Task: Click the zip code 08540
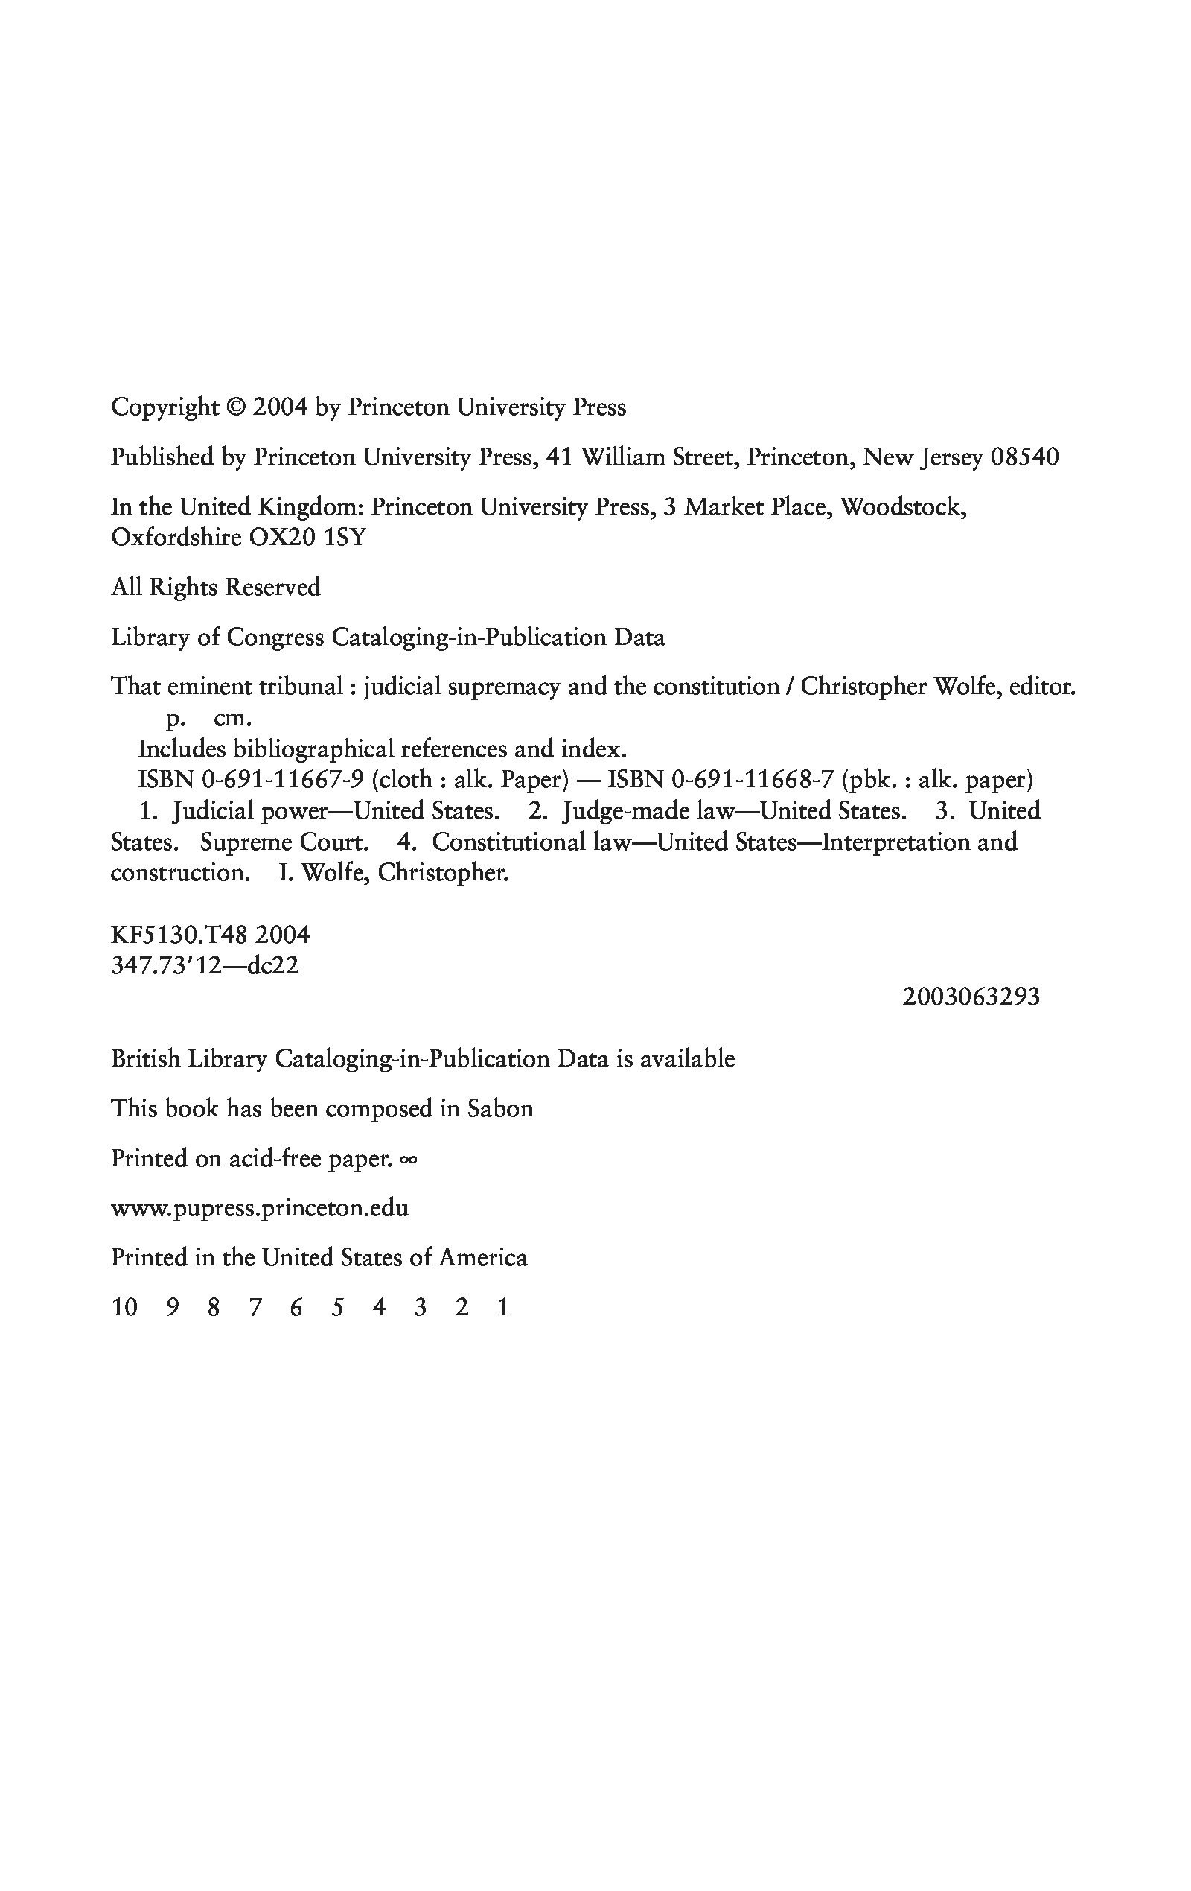pos(1024,457)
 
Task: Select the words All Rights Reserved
pos(216,588)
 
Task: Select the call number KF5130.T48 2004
pos(211,935)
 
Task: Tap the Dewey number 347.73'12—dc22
pos(205,966)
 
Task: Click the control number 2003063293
pos(971,997)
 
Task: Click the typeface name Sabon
pos(500,1109)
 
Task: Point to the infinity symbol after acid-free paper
pos(408,1159)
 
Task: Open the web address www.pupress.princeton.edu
pos(260,1208)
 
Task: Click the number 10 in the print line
pos(124,1308)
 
